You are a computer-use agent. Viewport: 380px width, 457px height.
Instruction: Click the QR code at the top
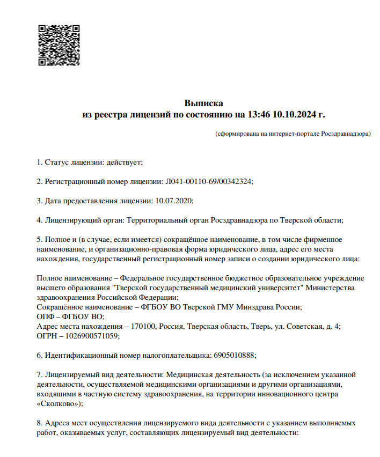[x=59, y=45]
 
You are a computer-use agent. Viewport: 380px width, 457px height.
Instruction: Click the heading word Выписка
[x=203, y=103]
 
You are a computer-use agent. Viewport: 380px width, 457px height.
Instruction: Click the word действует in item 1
[x=124, y=161]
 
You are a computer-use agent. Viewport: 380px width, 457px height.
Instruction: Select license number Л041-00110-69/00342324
[x=207, y=181]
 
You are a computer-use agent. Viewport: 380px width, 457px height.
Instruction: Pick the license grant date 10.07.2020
[x=173, y=201]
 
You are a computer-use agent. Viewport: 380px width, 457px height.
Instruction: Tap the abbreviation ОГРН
[x=47, y=336]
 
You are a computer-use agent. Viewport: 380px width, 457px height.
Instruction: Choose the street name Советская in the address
[x=303, y=326]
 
